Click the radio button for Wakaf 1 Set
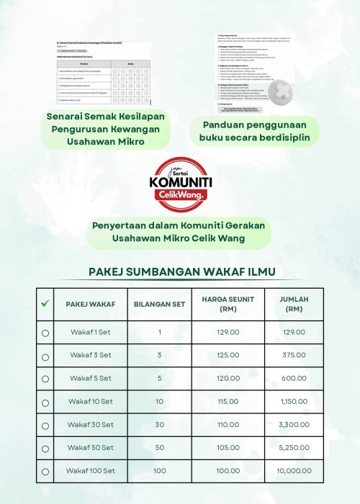(45, 333)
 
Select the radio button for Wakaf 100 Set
(45, 472)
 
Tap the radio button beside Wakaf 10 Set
(45, 402)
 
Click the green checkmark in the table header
(45, 304)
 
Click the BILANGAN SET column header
(159, 305)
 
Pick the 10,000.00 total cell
(292, 471)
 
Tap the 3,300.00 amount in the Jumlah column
(292, 425)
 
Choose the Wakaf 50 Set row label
(90, 448)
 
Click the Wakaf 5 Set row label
(90, 378)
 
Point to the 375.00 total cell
(292, 355)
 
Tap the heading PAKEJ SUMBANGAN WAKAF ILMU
(180, 272)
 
